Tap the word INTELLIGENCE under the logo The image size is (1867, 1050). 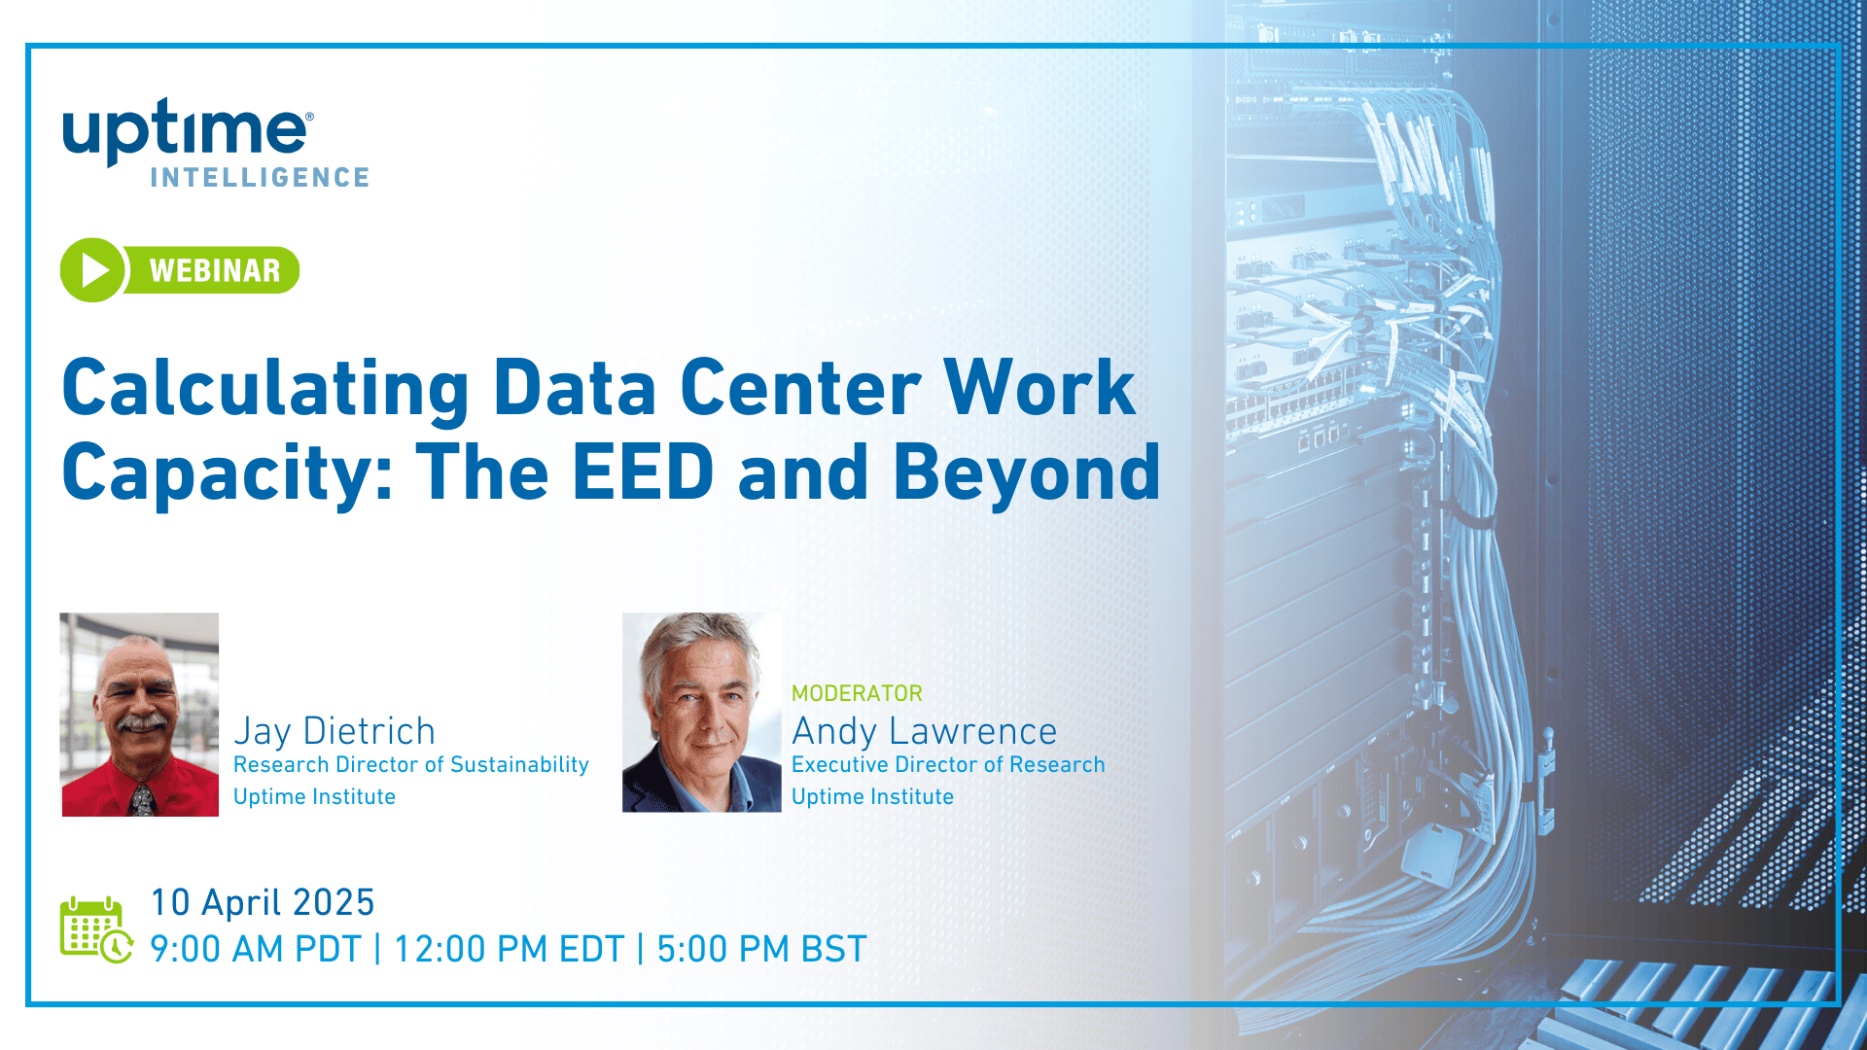click(x=260, y=178)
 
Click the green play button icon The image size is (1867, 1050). click(x=93, y=270)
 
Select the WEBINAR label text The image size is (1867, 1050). click(x=215, y=270)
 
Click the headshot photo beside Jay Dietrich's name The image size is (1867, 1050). click(x=140, y=715)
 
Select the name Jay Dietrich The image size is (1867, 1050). click(x=335, y=731)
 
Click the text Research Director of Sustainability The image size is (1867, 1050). click(x=411, y=765)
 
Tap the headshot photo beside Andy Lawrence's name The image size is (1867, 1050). click(x=702, y=713)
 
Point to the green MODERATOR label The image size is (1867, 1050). click(x=857, y=693)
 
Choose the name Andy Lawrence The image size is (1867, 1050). click(x=924, y=731)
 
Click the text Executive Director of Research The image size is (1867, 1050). click(x=948, y=765)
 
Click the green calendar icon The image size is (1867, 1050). click(x=95, y=930)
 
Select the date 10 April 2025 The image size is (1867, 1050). click(x=263, y=902)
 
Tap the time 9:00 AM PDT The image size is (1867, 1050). click(x=256, y=949)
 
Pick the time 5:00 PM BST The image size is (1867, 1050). click(x=761, y=949)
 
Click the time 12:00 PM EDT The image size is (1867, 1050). click(x=509, y=949)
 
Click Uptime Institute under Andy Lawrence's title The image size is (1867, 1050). click(x=872, y=797)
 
